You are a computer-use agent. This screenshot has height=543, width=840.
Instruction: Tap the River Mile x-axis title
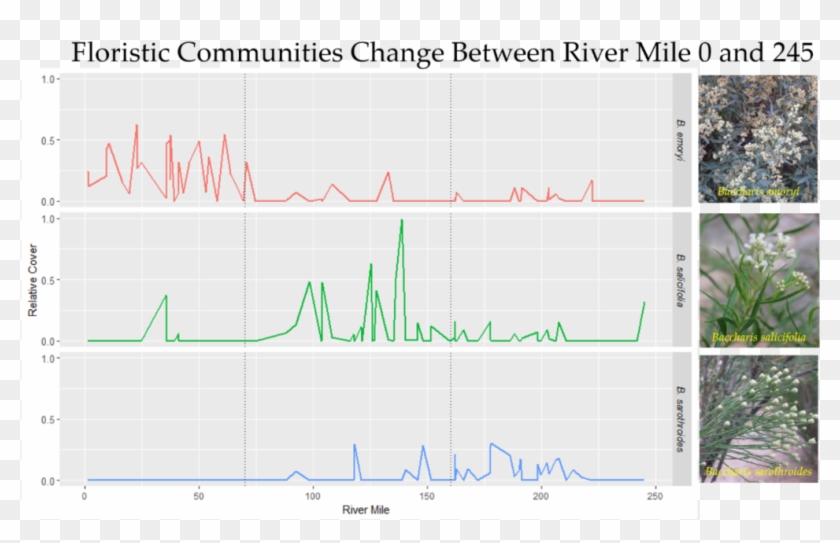pos(366,509)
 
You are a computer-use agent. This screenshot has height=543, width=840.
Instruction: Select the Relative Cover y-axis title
pos(33,283)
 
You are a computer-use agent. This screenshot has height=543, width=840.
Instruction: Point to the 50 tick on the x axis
pos(199,495)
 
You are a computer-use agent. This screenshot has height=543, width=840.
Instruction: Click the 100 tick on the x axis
pos(313,495)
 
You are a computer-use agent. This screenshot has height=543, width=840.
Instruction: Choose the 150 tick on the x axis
pos(427,495)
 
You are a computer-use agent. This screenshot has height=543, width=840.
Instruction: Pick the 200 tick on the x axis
pos(541,495)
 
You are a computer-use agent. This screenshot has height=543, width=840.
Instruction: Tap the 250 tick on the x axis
pos(655,495)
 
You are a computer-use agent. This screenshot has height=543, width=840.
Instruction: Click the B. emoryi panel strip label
pos(681,140)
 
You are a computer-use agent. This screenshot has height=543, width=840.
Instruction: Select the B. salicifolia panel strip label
pos(681,279)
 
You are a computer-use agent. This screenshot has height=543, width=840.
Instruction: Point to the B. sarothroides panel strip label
pos(681,419)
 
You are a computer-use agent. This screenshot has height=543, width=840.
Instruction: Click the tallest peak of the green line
pos(401,220)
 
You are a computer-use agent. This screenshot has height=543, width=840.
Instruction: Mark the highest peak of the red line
pos(136,126)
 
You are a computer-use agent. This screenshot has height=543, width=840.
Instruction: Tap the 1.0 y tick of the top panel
pos(48,78)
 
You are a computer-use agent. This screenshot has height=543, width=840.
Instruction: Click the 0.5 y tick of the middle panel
pos(48,279)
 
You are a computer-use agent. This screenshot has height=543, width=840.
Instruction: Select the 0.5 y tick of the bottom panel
pos(48,419)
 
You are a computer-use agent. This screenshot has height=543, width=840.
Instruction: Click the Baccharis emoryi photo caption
pos(757,190)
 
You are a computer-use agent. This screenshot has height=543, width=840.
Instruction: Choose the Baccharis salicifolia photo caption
pos(758,337)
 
